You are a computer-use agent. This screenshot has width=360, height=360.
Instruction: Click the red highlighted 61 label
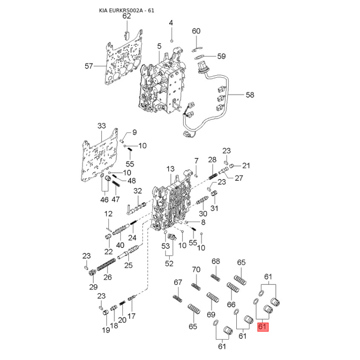click(x=263, y=327)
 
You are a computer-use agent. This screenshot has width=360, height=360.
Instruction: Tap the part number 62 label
click(x=126, y=16)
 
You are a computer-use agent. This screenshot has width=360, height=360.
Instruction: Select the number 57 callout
click(x=89, y=66)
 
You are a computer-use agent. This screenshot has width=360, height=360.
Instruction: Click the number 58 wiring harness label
click(x=250, y=95)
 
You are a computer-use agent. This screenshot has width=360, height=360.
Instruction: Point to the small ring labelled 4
click(x=171, y=41)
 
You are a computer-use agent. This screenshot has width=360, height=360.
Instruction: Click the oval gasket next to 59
click(x=200, y=57)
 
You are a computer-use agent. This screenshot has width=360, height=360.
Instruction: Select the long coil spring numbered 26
click(x=106, y=265)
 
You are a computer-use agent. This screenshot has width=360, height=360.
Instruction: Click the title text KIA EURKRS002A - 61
click(x=126, y=10)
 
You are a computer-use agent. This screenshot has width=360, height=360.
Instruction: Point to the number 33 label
click(x=102, y=126)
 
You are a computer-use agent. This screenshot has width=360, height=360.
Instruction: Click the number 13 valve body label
click(x=171, y=169)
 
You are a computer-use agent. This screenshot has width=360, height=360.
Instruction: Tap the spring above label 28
click(x=213, y=176)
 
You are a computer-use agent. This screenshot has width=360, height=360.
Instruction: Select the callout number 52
click(x=169, y=263)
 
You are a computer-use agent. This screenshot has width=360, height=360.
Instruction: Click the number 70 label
click(x=196, y=270)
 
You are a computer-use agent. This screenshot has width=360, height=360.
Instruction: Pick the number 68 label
click(x=216, y=261)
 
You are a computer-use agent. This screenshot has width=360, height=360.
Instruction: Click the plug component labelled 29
click(x=92, y=273)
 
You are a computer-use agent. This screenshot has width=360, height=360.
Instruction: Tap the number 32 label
click(x=138, y=191)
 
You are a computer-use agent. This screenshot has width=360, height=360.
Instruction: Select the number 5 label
click(x=159, y=46)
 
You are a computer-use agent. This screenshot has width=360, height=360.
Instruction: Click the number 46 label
click(x=104, y=199)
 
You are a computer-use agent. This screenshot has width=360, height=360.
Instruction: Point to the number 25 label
click(x=128, y=265)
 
